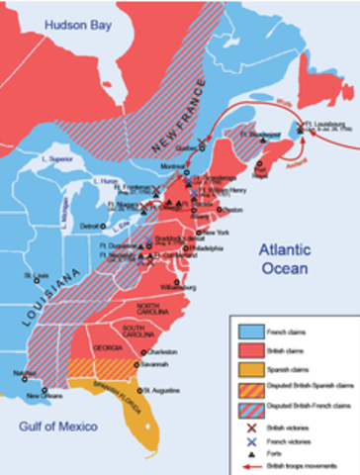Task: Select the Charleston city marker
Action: (144, 352)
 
